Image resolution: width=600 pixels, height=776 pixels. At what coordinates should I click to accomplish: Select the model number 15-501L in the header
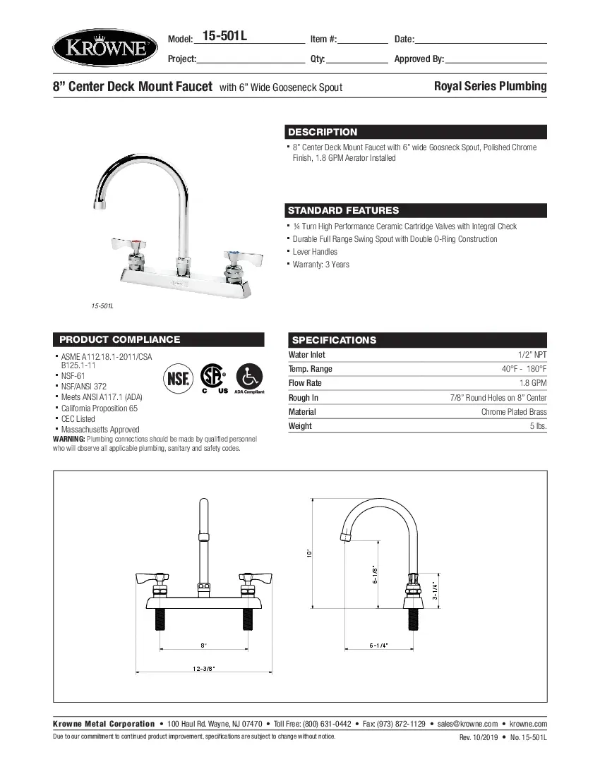pyautogui.click(x=224, y=37)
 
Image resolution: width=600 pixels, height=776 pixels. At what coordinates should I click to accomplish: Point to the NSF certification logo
pyautogui.click(x=177, y=379)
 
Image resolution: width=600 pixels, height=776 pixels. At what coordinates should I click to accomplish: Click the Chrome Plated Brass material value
pyautogui.click(x=514, y=412)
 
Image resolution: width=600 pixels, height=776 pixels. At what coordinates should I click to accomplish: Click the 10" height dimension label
pyautogui.click(x=309, y=554)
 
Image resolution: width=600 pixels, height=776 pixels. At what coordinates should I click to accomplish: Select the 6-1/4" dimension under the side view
pyautogui.click(x=378, y=645)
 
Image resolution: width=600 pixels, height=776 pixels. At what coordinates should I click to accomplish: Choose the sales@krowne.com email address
pyautogui.click(x=467, y=724)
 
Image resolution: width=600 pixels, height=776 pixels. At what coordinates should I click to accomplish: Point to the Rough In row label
pyautogui.click(x=304, y=398)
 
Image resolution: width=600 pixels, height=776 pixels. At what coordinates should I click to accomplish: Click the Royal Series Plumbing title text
pyautogui.click(x=490, y=86)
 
